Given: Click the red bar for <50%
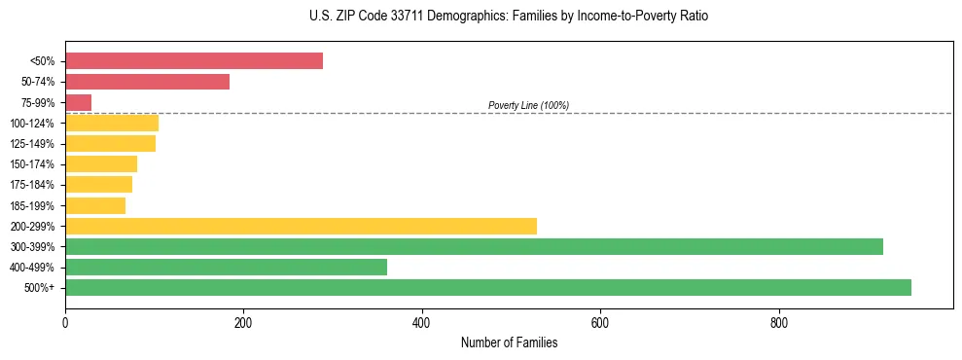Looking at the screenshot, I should [194, 61].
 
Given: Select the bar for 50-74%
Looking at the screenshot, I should [147, 82].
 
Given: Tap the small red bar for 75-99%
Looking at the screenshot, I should [78, 102].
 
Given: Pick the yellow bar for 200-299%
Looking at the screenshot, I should [301, 226].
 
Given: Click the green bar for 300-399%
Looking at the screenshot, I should [474, 246].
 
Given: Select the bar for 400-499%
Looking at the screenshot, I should [226, 267].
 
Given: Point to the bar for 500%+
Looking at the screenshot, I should [487, 287].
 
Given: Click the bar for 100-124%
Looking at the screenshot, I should [112, 123].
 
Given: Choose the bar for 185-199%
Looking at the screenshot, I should [95, 205].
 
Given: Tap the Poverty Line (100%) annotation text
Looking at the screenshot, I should [528, 105].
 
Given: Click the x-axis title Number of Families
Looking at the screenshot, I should [509, 343].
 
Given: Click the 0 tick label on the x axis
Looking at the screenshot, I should [65, 322].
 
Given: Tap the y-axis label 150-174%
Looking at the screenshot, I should [33, 164].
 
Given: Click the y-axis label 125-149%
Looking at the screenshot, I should [33, 144].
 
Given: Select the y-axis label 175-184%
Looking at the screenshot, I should [33, 185].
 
